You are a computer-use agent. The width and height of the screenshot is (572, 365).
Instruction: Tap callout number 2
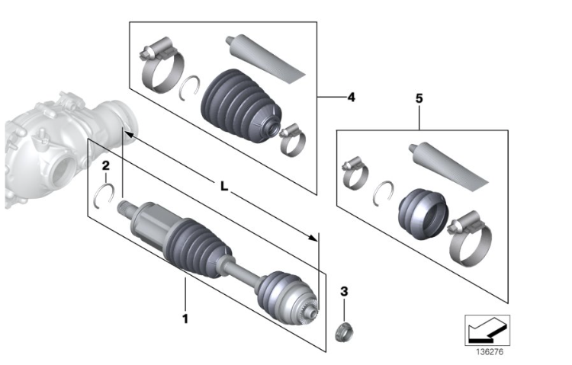point(106,165)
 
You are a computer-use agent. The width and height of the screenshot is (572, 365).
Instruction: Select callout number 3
point(344,291)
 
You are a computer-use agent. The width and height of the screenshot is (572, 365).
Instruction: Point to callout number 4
point(351,98)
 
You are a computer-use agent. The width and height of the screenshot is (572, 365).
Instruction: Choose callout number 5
point(419,99)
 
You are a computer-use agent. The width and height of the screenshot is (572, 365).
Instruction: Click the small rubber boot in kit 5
point(420,211)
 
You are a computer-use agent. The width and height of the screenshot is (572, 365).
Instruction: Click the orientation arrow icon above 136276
point(487,330)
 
